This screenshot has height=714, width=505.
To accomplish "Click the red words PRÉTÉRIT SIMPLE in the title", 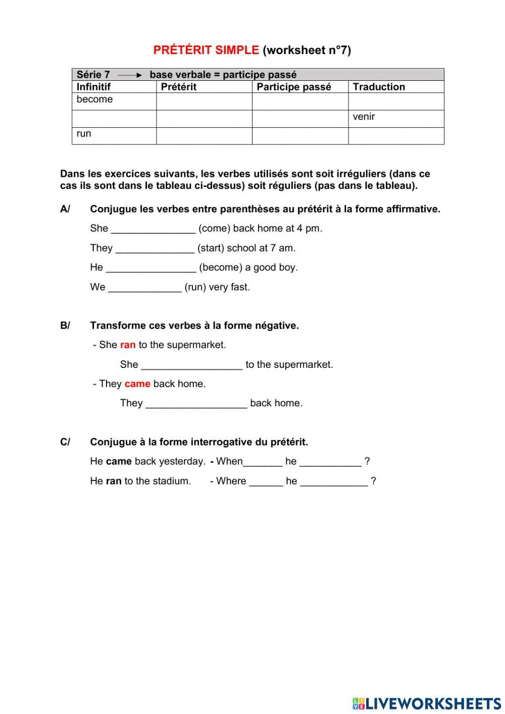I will (206, 50).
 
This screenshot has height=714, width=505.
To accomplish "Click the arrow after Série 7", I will (130, 75).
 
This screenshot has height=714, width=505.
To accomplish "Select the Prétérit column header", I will (179, 87).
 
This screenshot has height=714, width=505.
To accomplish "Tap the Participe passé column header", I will (294, 87).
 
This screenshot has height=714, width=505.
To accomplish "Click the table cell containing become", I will (114, 101).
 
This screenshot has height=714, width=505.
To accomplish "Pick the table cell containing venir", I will (396, 119).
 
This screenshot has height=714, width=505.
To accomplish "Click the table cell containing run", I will (114, 136).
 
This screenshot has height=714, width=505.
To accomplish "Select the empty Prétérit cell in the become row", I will (204, 101).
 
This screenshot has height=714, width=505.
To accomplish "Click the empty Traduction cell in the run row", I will (396, 136).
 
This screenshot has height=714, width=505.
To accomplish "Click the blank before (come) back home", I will (153, 229).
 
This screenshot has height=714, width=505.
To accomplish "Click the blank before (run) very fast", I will (145, 288).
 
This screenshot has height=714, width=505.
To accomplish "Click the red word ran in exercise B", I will (128, 345).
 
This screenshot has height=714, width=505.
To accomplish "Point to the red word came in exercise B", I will (137, 384).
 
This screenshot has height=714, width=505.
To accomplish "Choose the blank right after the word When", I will (263, 462).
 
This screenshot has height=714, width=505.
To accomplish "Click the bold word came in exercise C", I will (119, 461).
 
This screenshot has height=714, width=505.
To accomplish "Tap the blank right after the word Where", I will (266, 482).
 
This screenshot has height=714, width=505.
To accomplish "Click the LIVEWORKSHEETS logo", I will (427, 703).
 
